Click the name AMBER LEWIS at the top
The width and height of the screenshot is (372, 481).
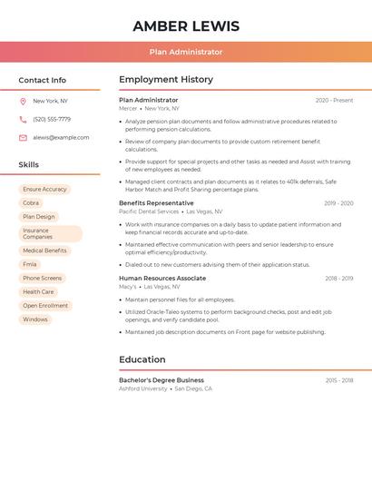pyautogui.click(x=186, y=25)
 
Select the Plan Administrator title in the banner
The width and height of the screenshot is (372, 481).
pyautogui.click(x=186, y=52)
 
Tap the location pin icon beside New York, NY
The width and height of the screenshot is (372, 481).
pyautogui.click(x=23, y=102)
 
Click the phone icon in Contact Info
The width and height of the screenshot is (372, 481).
pyautogui.click(x=23, y=120)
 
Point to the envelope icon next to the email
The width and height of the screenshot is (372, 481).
pyautogui.click(x=23, y=138)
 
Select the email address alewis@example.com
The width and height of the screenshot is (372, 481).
pyautogui.click(x=61, y=138)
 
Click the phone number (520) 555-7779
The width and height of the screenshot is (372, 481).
pyautogui.click(x=52, y=120)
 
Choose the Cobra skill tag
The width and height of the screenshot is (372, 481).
pyautogui.click(x=31, y=203)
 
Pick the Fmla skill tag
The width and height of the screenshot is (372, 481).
pyautogui.click(x=30, y=264)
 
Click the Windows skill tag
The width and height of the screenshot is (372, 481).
pyautogui.click(x=35, y=319)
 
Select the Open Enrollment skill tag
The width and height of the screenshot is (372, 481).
pyautogui.click(x=45, y=306)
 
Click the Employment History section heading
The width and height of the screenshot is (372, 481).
pyautogui.click(x=166, y=80)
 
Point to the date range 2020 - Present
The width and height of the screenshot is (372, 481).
pyautogui.click(x=334, y=101)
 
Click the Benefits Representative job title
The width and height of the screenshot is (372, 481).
pyautogui.click(x=156, y=203)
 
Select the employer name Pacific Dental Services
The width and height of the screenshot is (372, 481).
pyautogui.click(x=149, y=211)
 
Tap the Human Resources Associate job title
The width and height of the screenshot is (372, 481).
pyautogui.click(x=162, y=279)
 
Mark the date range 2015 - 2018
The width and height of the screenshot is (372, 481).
pyautogui.click(x=339, y=381)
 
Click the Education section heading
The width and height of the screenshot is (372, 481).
pyautogui.click(x=142, y=359)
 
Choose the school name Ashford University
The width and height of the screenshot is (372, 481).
pyautogui.click(x=143, y=388)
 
